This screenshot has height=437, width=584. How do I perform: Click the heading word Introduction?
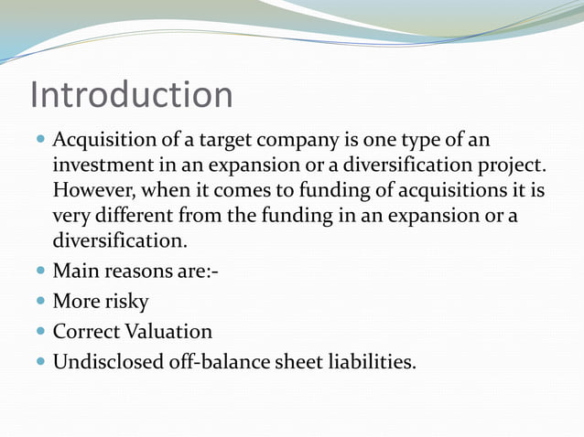click(131, 95)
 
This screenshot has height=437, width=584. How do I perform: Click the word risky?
click(125, 302)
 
